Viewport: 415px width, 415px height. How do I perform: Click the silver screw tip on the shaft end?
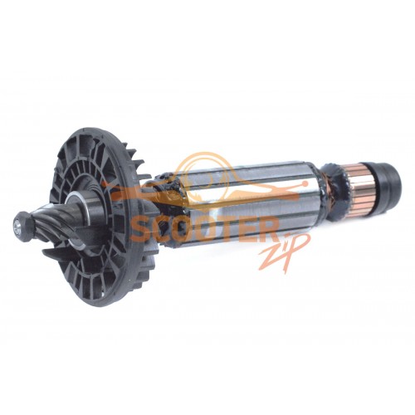point(17,226)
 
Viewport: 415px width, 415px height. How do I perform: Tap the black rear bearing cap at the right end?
point(388,180)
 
